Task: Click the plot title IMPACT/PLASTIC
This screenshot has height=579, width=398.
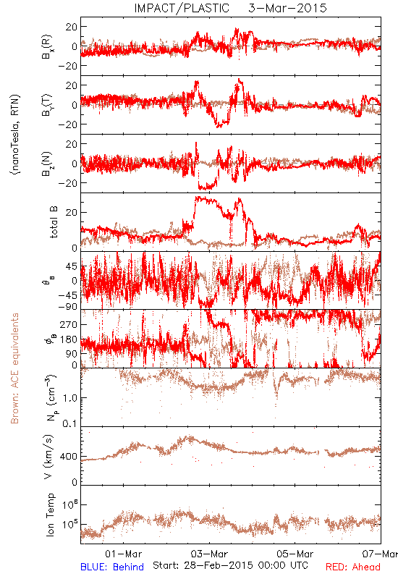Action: pos(182,8)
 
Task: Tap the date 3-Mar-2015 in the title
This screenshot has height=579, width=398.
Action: pos(288,8)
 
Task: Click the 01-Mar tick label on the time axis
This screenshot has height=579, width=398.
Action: pos(123,554)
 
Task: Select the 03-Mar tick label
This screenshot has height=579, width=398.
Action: pos(209,554)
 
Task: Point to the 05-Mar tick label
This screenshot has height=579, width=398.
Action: pos(295,554)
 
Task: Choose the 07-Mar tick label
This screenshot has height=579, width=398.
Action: pos(380,554)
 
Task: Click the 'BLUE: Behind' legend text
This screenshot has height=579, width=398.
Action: pos(112,567)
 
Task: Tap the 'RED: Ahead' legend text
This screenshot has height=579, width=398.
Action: pos(352,567)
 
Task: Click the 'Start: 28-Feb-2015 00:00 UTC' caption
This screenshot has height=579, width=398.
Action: pos(230,565)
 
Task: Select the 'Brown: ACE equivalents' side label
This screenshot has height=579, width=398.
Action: pos(14,368)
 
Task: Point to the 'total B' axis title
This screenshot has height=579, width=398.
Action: pos(54,222)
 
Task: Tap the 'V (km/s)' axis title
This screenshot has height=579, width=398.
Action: pos(48,457)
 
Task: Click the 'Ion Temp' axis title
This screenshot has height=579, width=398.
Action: pos(50,515)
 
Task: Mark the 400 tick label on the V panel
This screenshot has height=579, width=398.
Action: pos(69,457)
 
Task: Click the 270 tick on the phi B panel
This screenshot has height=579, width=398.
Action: pos(69,324)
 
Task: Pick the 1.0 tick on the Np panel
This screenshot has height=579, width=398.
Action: pos(70,398)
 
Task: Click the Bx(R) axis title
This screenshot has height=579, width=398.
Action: pos(48,46)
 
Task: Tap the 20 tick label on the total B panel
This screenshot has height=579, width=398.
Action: pos(72,212)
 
